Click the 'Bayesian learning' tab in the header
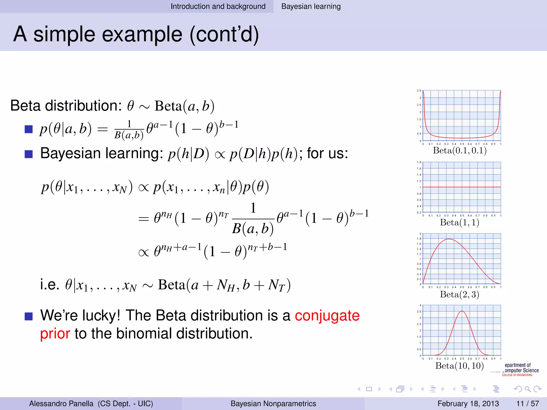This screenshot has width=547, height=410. [311, 6]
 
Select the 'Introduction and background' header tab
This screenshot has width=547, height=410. [218, 6]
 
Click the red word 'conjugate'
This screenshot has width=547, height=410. [327, 316]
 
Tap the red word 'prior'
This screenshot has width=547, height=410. [55, 334]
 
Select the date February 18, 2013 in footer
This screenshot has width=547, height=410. [468, 403]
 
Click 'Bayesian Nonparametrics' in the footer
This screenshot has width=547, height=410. [273, 403]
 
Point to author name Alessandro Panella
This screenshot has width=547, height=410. [61, 403]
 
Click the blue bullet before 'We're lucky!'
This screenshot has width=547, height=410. [29, 316]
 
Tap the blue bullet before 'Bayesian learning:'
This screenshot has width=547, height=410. [29, 154]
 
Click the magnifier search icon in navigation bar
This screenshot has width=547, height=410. [528, 389]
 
